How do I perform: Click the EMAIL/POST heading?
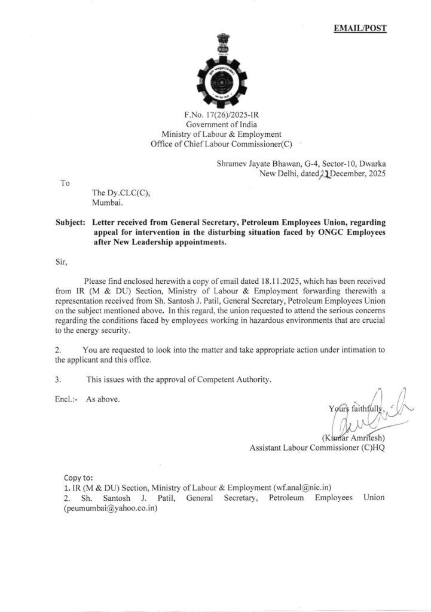[x=360, y=29]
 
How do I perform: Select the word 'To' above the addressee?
[x=65, y=183]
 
